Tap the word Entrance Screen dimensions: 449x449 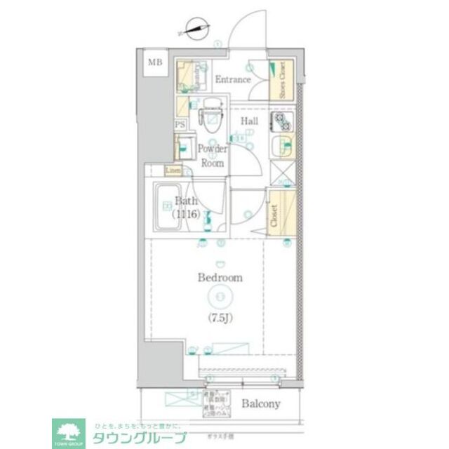[x=232, y=79]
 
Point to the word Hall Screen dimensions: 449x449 [x=250, y=121]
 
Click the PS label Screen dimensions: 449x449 [x=180, y=125]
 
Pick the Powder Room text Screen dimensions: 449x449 [x=212, y=155]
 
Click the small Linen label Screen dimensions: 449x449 [x=173, y=170]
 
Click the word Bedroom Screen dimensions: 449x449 [x=220, y=278]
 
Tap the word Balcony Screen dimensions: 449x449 [x=262, y=403]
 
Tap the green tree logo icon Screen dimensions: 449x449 [x=69, y=431]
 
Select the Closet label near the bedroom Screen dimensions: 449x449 [x=274, y=217]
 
